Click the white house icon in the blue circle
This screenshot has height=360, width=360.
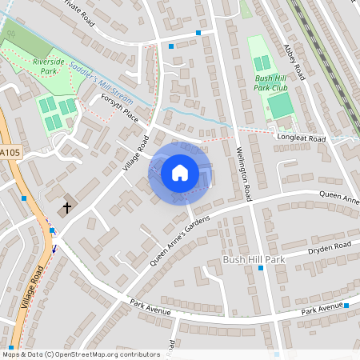coord(180,173)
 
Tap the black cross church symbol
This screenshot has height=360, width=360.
coord(66,208)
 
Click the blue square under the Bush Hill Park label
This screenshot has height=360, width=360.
coord(261,269)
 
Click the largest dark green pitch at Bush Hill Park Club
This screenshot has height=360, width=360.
coord(280,106)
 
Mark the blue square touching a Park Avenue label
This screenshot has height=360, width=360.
coord(346,306)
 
